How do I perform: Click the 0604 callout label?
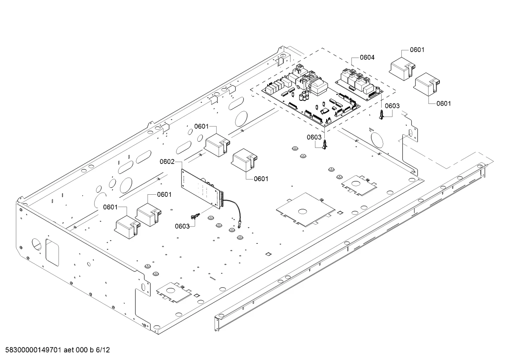367,58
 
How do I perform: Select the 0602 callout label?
167,162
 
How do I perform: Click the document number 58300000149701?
34,350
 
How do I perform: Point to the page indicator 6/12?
103,350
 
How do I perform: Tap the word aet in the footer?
68,350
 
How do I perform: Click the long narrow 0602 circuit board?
202,189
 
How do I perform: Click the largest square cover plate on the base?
306,210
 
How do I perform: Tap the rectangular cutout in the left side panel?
52,252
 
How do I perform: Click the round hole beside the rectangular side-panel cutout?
37,244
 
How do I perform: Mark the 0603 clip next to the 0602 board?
196,216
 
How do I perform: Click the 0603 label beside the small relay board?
392,106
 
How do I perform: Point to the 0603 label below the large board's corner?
314,137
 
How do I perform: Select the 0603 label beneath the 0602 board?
182,226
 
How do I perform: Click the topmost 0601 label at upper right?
417,50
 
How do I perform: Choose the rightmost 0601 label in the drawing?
444,104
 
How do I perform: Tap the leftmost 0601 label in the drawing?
110,207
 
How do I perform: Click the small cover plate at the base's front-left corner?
174,292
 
